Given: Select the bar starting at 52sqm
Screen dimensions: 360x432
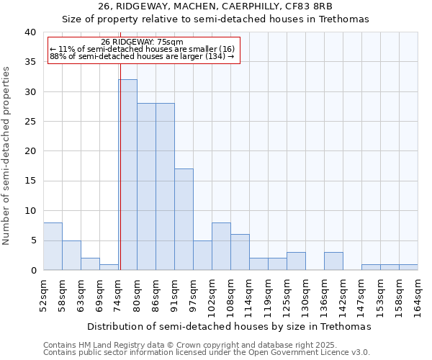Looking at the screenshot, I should point(53,246).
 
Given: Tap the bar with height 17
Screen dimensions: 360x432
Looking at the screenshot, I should point(184,220).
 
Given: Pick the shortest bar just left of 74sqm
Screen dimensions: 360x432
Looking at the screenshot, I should point(109,267).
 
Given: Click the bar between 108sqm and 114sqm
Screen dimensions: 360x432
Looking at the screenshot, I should point(240,252).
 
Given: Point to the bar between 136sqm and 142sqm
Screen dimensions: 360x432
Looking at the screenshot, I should point(333,261).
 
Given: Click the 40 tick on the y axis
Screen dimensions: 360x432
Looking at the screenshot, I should point(30,32).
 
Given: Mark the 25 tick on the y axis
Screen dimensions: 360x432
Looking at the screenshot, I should point(30,122).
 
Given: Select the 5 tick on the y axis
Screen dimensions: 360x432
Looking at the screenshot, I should point(32,240).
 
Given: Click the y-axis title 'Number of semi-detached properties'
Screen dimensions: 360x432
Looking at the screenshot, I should point(6,156).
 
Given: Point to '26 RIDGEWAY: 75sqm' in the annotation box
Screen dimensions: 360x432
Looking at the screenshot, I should point(142,42).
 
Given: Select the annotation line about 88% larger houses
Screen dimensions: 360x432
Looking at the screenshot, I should point(142,56).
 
